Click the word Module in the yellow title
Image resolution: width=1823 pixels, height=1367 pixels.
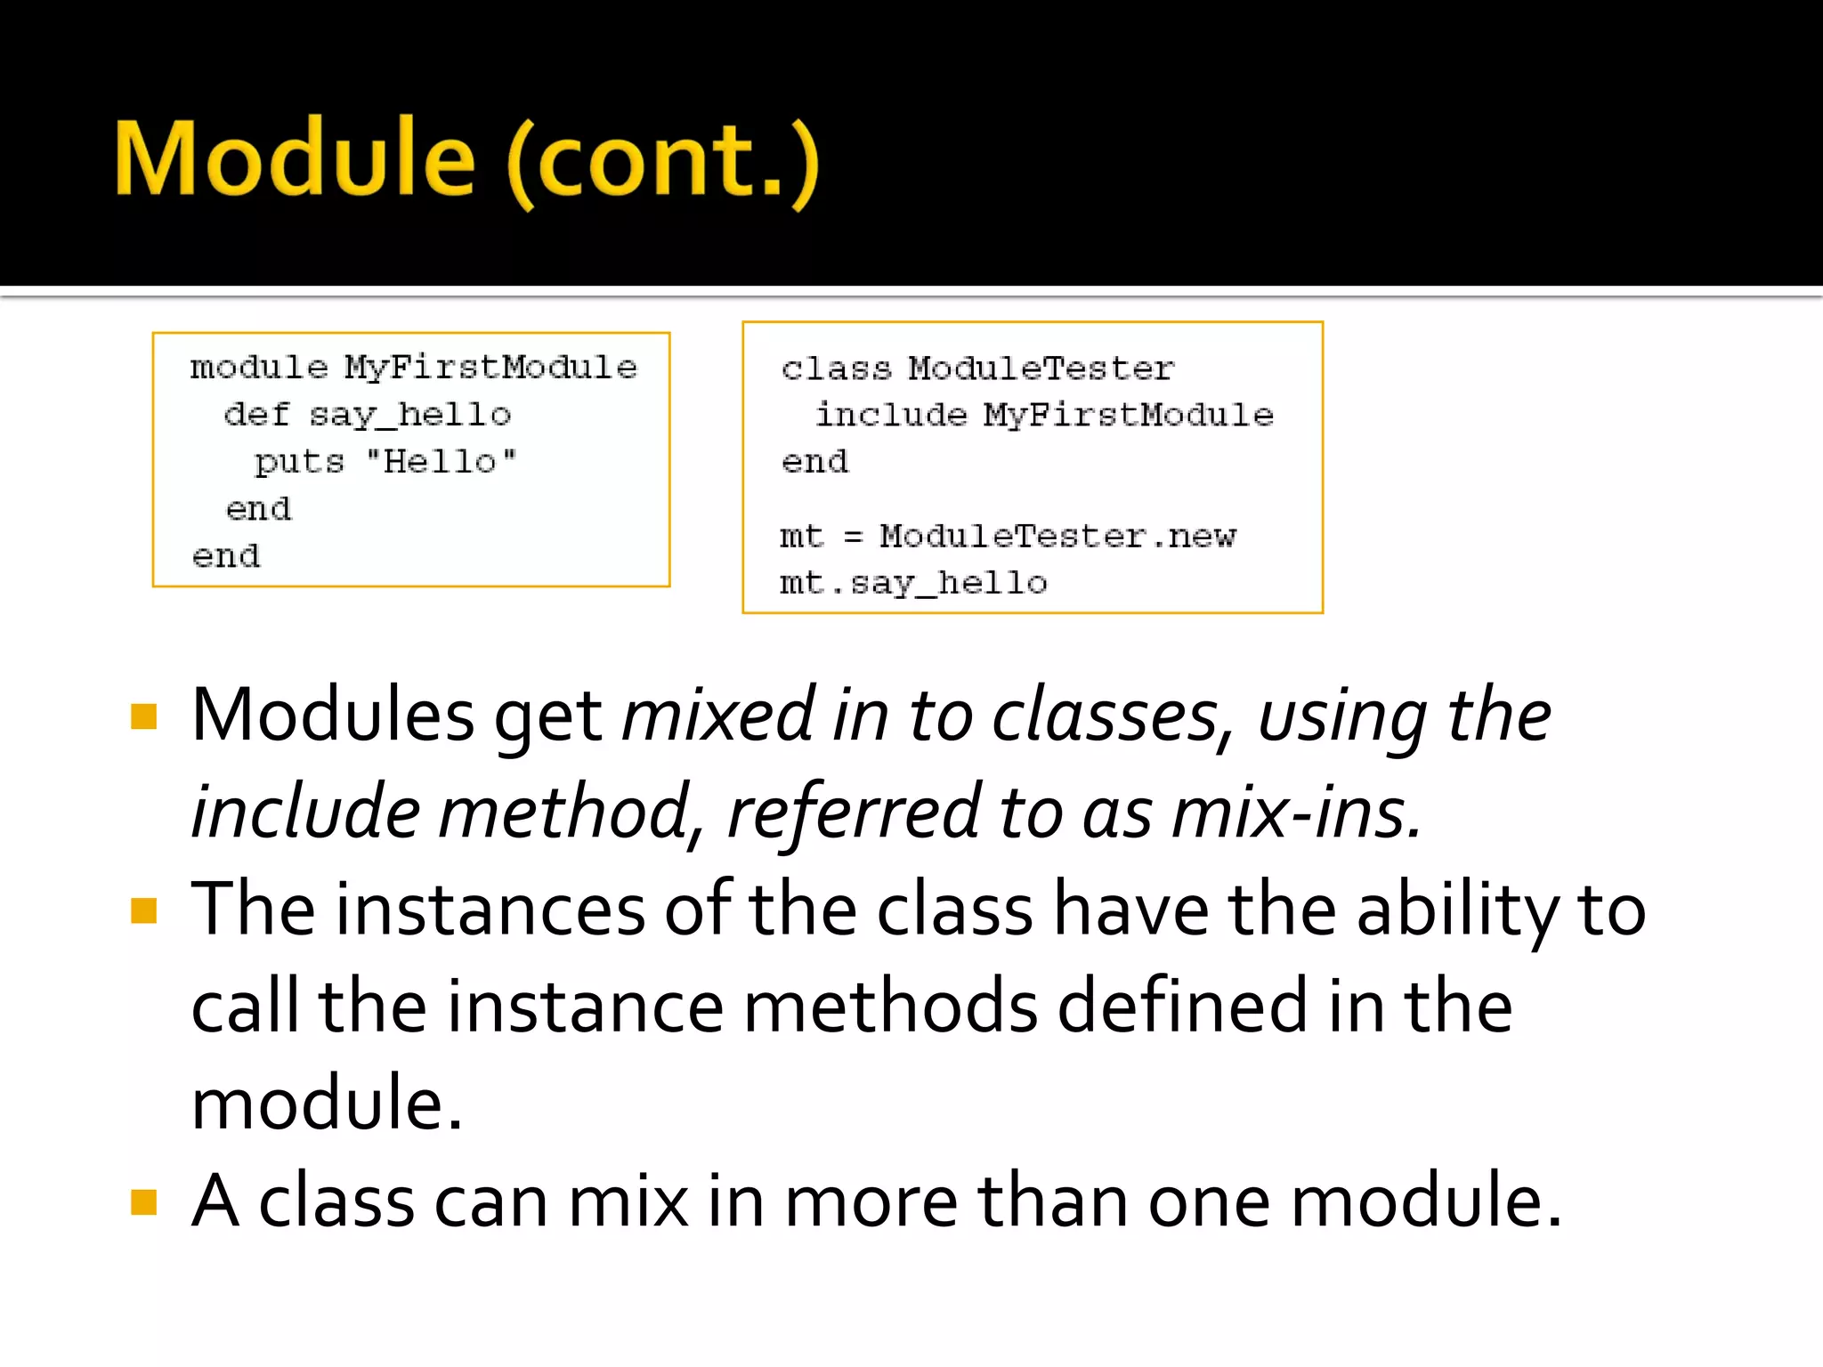click(295, 159)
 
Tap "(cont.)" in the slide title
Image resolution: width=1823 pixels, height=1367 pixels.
click(663, 161)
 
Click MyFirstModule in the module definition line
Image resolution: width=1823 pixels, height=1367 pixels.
click(491, 368)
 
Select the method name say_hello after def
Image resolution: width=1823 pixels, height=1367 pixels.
click(410, 415)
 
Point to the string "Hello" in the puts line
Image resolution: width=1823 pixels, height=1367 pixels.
click(442, 462)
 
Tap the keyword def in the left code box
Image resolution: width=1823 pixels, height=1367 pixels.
click(256, 415)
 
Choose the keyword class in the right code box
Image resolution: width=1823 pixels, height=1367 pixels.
click(836, 368)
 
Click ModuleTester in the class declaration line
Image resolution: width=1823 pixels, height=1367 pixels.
click(1041, 368)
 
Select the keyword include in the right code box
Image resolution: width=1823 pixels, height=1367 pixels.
click(891, 415)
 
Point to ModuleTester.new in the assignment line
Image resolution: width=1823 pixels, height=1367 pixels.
click(1057, 537)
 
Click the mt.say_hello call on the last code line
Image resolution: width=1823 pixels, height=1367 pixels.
click(913, 584)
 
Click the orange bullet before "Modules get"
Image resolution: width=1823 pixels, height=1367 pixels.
click(143, 716)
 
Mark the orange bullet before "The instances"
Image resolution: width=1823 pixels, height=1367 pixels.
click(143, 910)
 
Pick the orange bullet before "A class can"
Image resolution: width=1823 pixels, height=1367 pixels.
click(143, 1202)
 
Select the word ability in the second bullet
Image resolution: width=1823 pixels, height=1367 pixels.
click(1457, 910)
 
